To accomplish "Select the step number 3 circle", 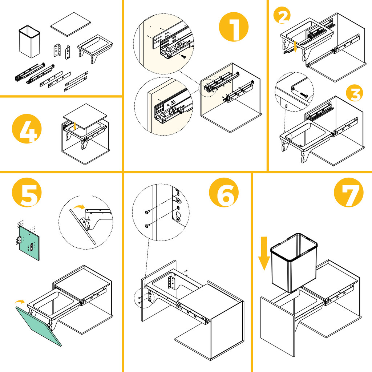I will click(354, 93).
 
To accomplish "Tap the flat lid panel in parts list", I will click(70, 24).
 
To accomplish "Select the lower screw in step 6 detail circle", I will click(147, 226).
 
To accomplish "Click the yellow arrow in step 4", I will click(74, 126).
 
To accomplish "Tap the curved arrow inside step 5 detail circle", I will click(77, 207).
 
